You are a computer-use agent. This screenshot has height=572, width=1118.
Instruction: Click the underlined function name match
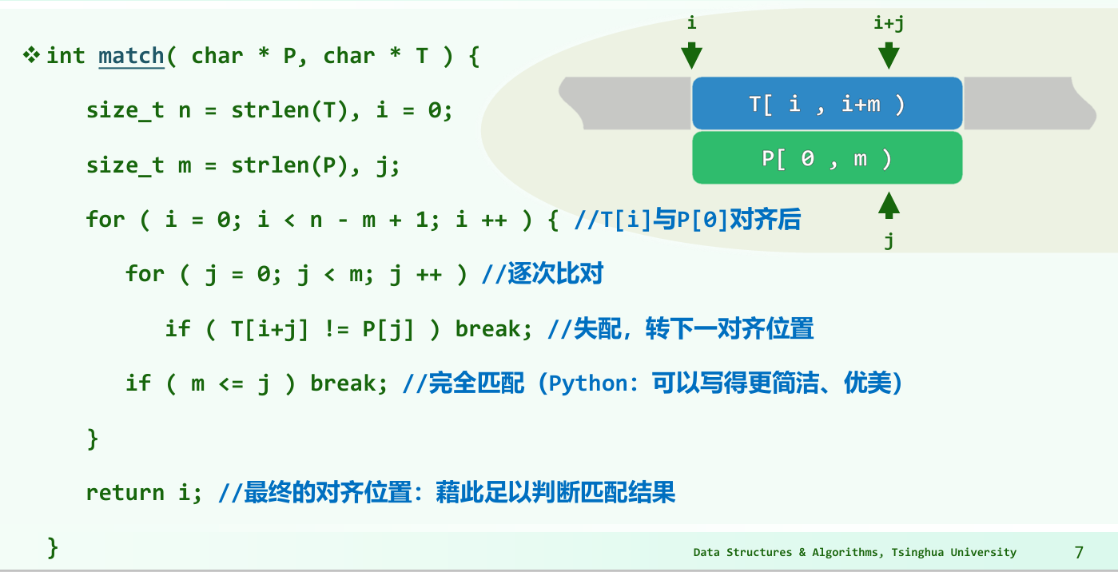pos(131,56)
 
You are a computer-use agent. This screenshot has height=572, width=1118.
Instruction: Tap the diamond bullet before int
pos(31,55)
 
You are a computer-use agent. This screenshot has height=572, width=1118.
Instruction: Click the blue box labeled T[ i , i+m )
pos(827,103)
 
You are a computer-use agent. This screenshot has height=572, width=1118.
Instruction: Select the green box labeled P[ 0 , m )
pos(827,157)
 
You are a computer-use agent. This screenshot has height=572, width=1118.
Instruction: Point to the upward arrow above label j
pos(889,205)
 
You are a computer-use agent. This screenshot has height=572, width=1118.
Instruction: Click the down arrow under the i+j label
pos(889,55)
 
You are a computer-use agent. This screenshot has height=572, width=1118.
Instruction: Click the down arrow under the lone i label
pos(691,55)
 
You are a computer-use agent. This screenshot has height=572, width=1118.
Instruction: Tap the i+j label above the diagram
pos(889,23)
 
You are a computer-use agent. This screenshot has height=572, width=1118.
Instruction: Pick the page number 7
pos(1079,552)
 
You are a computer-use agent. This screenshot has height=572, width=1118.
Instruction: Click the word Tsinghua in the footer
pos(918,552)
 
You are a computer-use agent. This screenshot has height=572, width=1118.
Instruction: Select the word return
pos(125,493)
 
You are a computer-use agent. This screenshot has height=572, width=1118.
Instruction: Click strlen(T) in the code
pos(289,110)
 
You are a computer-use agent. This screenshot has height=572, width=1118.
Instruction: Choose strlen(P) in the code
pos(289,165)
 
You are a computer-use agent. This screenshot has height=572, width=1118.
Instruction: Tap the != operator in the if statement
pos(336,329)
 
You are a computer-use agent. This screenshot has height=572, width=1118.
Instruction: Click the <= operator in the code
pos(231,383)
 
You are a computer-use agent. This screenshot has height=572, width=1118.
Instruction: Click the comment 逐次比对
pos(555,273)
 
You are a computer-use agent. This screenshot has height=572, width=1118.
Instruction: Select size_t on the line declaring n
pos(125,110)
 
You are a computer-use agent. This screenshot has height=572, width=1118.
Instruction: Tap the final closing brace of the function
pos(53,547)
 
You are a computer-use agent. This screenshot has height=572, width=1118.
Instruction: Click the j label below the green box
pos(889,240)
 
